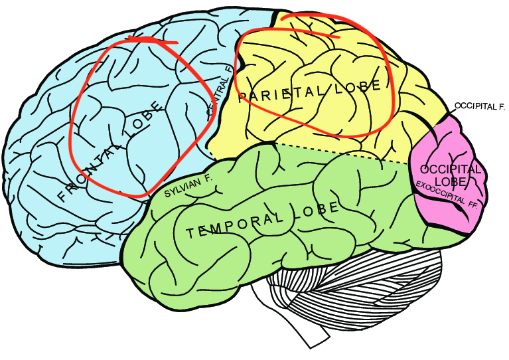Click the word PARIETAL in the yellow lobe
tap(277, 94)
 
